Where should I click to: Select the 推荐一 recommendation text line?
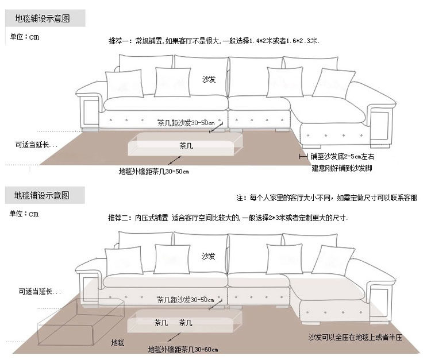[x=214, y=41]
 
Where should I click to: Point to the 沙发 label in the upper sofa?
[x=209, y=80]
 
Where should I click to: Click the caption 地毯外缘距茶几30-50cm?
[x=153, y=171]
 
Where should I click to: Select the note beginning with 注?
[x=327, y=198]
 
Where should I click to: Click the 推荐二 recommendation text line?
[x=228, y=218]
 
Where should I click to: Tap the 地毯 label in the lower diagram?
[x=117, y=342]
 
